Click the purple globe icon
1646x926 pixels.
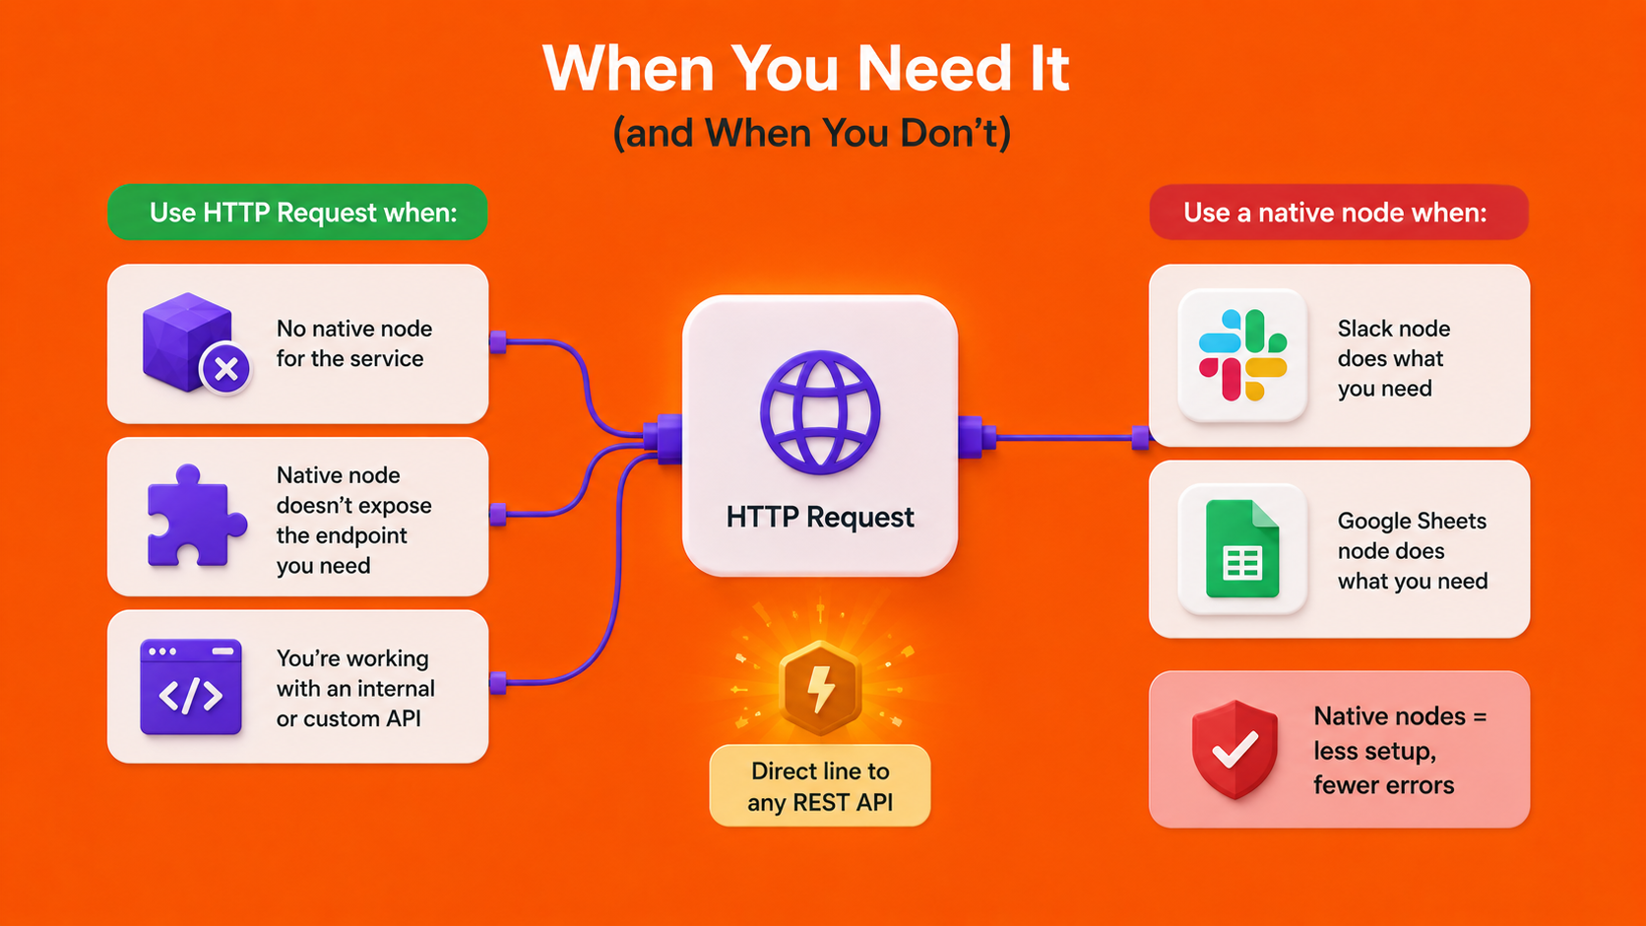pyautogui.click(x=820, y=412)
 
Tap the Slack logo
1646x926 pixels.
pyautogui.click(x=1242, y=355)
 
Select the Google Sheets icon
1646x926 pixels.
pyautogui.click(x=1242, y=548)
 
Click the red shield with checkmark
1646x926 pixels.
pyautogui.click(x=1234, y=749)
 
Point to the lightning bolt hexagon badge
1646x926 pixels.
pyautogui.click(x=820, y=688)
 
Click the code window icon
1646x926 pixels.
pyautogui.click(x=191, y=687)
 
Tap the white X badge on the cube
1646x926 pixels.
pyautogui.click(x=225, y=369)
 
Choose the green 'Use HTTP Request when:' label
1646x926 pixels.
pyautogui.click(x=297, y=213)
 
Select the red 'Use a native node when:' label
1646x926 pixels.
pyautogui.click(x=1339, y=213)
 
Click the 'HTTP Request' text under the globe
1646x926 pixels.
pyautogui.click(x=820, y=517)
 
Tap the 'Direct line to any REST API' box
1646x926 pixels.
pyautogui.click(x=820, y=785)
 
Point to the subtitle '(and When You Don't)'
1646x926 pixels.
pyautogui.click(x=812, y=133)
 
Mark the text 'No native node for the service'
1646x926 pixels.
pyautogui.click(x=354, y=343)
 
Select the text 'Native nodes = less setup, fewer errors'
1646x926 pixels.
pyautogui.click(x=1400, y=751)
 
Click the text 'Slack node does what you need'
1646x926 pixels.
pyautogui.click(x=1393, y=358)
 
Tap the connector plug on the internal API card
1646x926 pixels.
pyautogui.click(x=498, y=683)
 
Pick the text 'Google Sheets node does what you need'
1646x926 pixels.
pyautogui.click(x=1412, y=551)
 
